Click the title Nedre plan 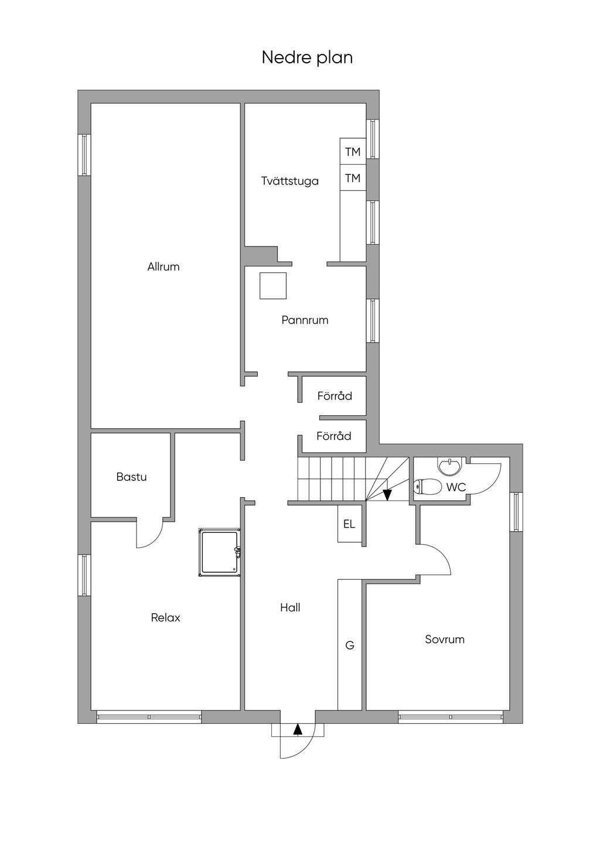pyautogui.click(x=307, y=58)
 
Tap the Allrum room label pyautogui.click(x=163, y=267)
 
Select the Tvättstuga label pyautogui.click(x=290, y=181)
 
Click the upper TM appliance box pyautogui.click(x=353, y=152)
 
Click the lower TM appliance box pyautogui.click(x=353, y=177)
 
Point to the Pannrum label pyautogui.click(x=305, y=320)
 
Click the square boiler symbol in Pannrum pyautogui.click(x=273, y=285)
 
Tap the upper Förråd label pyautogui.click(x=335, y=396)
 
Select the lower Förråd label pyautogui.click(x=334, y=436)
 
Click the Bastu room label pyautogui.click(x=131, y=477)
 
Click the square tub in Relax pyautogui.click(x=219, y=552)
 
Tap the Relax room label pyautogui.click(x=166, y=618)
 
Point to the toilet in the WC pyautogui.click(x=428, y=487)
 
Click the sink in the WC pyautogui.click(x=449, y=466)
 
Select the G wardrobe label pyautogui.click(x=350, y=645)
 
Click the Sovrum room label pyautogui.click(x=445, y=640)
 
